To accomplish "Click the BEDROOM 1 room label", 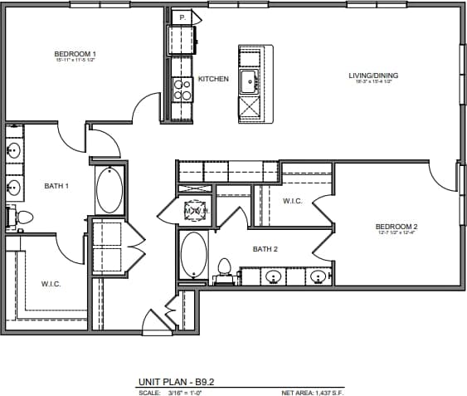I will [x=75, y=54].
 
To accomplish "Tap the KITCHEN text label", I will [x=213, y=79].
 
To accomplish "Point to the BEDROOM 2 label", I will [x=396, y=227].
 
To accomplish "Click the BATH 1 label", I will [x=56, y=186].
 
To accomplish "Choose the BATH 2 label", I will [x=265, y=248].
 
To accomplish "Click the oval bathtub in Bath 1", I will [x=109, y=190].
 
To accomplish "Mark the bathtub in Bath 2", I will [x=194, y=256].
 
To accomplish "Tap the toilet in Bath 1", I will [x=22, y=218].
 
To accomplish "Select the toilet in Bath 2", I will [x=222, y=268].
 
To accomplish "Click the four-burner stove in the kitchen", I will [x=182, y=90].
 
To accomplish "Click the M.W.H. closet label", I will [x=197, y=211].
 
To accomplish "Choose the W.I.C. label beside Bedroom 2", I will [x=292, y=201].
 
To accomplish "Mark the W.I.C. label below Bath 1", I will [x=51, y=283].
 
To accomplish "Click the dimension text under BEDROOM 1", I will [x=75, y=61].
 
